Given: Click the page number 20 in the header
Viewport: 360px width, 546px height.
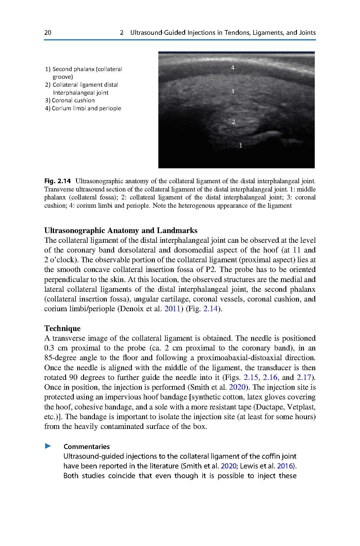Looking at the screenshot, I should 47,32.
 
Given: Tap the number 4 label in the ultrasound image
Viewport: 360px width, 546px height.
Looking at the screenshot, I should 233,68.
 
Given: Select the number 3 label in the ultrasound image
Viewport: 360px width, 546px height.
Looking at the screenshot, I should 233,91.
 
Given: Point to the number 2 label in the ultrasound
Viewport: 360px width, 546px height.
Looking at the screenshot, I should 234,122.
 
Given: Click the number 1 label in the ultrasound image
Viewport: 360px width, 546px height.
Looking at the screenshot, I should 241,145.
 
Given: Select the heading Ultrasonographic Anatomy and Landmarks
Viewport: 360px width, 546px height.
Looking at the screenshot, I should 121,230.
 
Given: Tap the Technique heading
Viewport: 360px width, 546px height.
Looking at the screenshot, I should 62,328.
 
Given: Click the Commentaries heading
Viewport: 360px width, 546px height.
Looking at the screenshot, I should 86,446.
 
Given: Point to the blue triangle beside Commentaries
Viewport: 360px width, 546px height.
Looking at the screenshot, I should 48,446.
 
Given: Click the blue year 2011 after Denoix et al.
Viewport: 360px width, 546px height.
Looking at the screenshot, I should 172,309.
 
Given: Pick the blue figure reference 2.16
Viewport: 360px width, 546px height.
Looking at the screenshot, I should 270,377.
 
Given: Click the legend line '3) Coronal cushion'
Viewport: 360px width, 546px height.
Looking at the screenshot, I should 70,100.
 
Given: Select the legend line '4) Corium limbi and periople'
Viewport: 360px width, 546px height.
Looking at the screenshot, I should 83,108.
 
